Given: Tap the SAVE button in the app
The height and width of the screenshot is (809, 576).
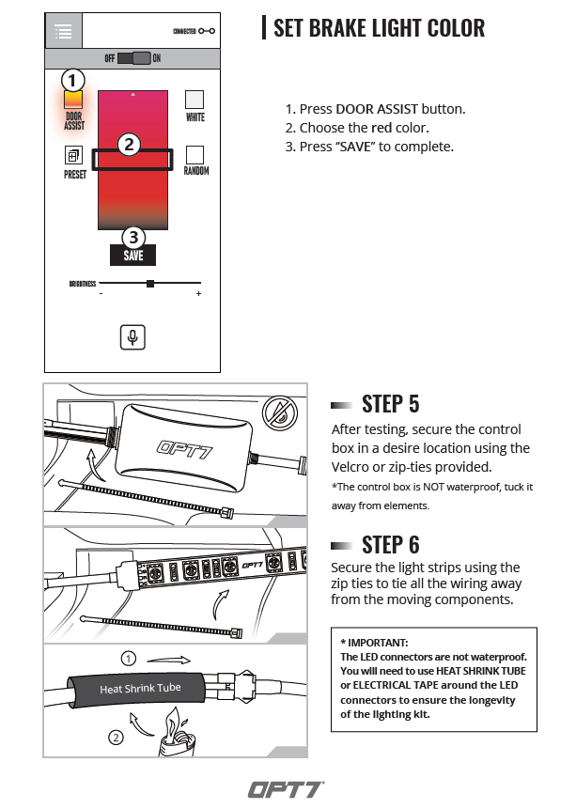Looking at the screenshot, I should [132, 255].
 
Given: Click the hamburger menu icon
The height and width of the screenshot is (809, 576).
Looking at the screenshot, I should [64, 32].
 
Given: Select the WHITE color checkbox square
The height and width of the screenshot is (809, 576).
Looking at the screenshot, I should [195, 100].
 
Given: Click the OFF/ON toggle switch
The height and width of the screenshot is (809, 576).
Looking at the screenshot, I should [133, 58].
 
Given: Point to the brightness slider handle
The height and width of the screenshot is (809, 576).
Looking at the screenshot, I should [149, 283].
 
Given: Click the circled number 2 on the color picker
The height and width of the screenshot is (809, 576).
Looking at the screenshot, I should [130, 145].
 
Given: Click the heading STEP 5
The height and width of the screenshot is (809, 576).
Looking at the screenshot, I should [390, 404].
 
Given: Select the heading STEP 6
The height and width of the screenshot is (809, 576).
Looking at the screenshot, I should [390, 544].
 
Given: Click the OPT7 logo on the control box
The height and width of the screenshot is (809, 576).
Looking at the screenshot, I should [184, 448].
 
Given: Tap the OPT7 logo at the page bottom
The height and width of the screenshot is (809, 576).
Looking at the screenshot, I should [286, 788].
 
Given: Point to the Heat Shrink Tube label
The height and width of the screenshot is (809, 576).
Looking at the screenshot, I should [140, 689].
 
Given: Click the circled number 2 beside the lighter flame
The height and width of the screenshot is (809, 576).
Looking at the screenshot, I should [117, 738].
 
